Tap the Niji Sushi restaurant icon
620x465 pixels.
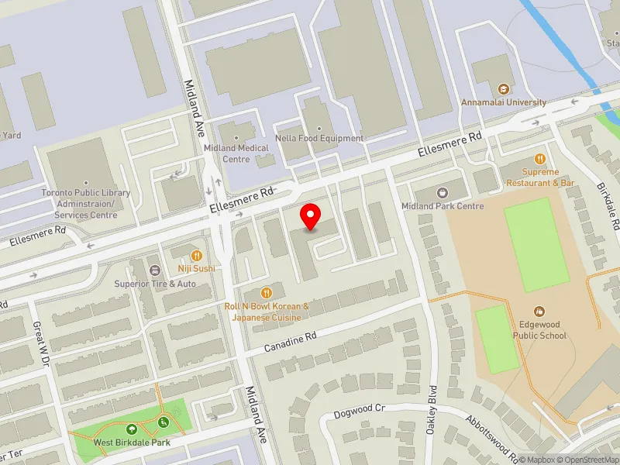tap(197, 254)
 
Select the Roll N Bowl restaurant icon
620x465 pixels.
tap(267, 292)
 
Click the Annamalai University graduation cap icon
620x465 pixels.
tap(504, 88)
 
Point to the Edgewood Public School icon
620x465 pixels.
tap(539, 309)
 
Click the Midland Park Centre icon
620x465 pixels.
tap(442, 192)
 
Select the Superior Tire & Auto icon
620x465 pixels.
tap(155, 270)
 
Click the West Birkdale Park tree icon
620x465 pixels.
tap(132, 429)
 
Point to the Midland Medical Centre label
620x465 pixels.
tap(236, 153)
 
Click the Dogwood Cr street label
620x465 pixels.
tap(358, 408)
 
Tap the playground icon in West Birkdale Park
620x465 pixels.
tap(164, 422)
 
